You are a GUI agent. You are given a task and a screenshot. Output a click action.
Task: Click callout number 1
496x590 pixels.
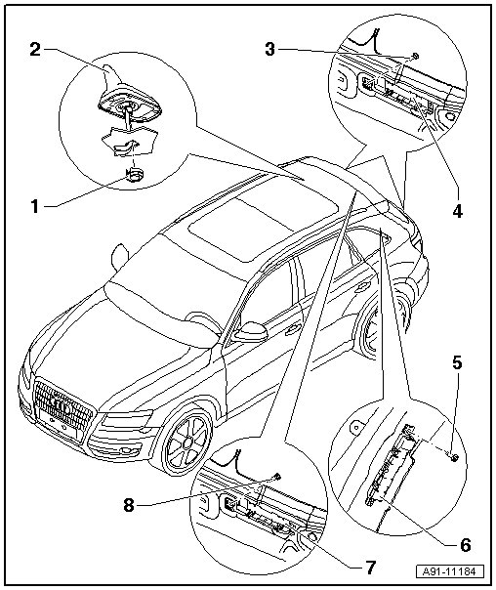tap(34, 206)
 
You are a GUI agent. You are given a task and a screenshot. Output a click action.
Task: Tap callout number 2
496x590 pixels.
tap(35, 49)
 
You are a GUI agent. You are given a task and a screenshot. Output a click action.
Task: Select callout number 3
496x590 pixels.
tap(270, 49)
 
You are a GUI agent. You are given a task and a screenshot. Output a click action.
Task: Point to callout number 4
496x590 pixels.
tap(457, 211)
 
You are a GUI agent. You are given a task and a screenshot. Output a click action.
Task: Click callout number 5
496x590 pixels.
tap(457, 363)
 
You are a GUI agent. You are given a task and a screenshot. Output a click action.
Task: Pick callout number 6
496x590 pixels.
tap(465, 544)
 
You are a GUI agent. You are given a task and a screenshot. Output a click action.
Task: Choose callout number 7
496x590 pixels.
tap(370, 568)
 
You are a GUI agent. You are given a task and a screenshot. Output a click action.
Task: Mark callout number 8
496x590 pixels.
tap(129, 505)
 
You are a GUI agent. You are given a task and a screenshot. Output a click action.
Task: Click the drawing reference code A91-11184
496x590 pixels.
tap(450, 571)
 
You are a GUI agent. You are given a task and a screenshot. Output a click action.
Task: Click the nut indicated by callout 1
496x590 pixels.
tap(134, 174)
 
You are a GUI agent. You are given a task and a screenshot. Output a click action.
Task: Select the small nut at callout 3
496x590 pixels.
tap(415, 56)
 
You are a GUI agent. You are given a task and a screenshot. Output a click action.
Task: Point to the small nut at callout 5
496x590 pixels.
tap(454, 457)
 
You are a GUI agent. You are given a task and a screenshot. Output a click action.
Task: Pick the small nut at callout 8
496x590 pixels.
tap(277, 477)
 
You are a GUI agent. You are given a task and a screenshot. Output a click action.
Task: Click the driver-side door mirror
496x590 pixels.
tap(251, 332)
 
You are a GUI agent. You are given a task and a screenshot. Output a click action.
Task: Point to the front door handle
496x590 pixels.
tap(292, 330)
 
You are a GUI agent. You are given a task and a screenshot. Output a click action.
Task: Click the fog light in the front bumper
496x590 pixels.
tap(127, 450)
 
